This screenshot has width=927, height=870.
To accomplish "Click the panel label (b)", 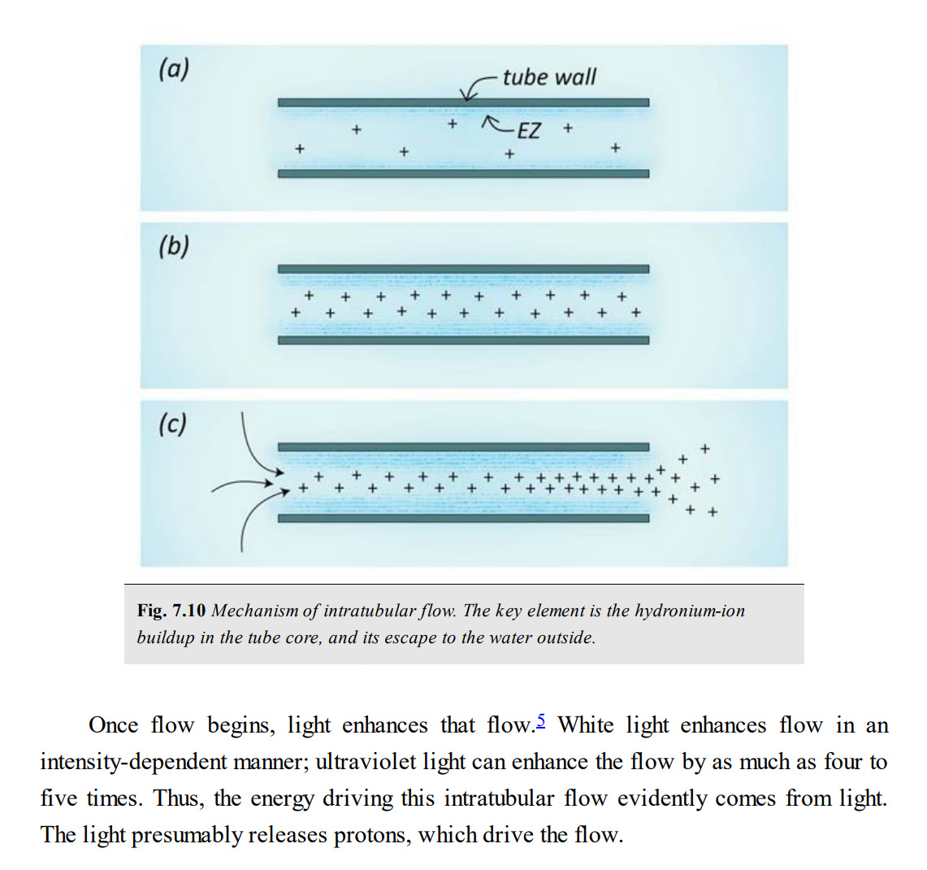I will point(173,246).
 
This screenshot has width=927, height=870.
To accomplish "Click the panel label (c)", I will point(172,424).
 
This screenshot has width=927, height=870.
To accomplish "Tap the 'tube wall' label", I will point(549,77).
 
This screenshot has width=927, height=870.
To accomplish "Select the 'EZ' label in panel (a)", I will point(528,130).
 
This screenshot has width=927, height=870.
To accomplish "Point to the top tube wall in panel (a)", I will point(463,102).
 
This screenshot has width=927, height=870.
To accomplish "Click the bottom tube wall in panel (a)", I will point(463,173).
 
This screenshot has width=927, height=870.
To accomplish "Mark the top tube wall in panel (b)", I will point(463,269).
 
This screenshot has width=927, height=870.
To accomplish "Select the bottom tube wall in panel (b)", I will point(463,340).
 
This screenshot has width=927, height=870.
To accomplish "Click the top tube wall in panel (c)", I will point(463,446).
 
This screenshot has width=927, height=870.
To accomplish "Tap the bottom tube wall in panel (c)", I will point(463,518).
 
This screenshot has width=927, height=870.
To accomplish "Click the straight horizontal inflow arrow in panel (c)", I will point(244,486).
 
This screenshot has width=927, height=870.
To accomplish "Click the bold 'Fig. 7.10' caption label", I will point(171,611).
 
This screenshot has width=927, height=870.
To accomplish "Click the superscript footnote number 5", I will point(541,720).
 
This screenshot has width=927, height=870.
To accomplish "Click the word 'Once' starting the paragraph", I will point(113,724).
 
